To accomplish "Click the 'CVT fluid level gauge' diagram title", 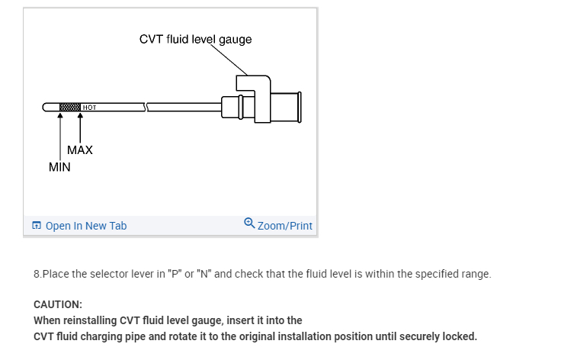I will pos(195,39).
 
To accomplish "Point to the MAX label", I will pos(80,150).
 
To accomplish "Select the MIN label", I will pos(59,167).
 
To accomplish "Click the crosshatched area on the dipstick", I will pos(70,106).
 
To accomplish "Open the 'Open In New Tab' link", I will pos(86,226).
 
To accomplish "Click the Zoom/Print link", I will pos(285,226).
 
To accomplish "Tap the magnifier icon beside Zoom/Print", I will pos(249,223).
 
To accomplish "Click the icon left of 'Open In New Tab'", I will pos(37,226).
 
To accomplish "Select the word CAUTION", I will pos(58,304).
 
